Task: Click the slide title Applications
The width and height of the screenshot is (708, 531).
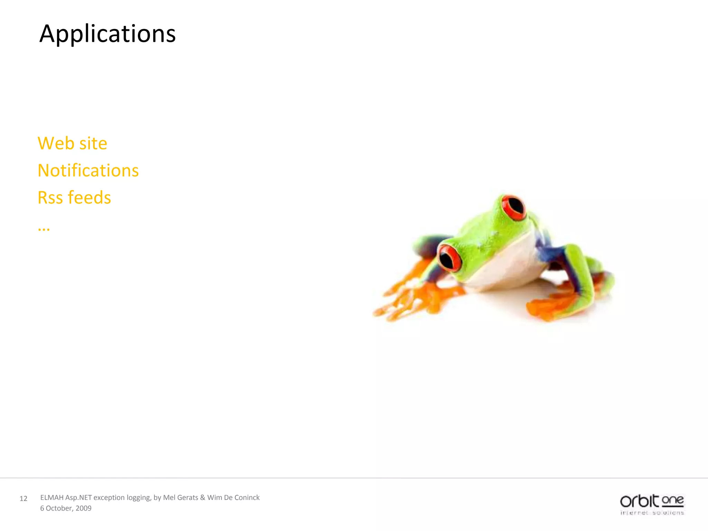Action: [108, 34]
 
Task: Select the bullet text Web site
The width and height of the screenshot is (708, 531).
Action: [72, 143]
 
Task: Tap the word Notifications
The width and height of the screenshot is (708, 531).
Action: [88, 170]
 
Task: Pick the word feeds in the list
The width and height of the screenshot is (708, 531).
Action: [89, 198]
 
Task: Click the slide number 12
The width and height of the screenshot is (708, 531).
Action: [24, 499]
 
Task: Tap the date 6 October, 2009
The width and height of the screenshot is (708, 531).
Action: [66, 508]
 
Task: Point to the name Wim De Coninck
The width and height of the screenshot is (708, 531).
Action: [233, 497]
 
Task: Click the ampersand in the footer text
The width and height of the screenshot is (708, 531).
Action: [203, 497]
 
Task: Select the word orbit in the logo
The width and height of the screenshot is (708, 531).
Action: [639, 501]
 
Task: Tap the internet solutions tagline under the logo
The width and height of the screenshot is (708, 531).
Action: [652, 513]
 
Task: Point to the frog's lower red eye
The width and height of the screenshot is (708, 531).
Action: [449, 258]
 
